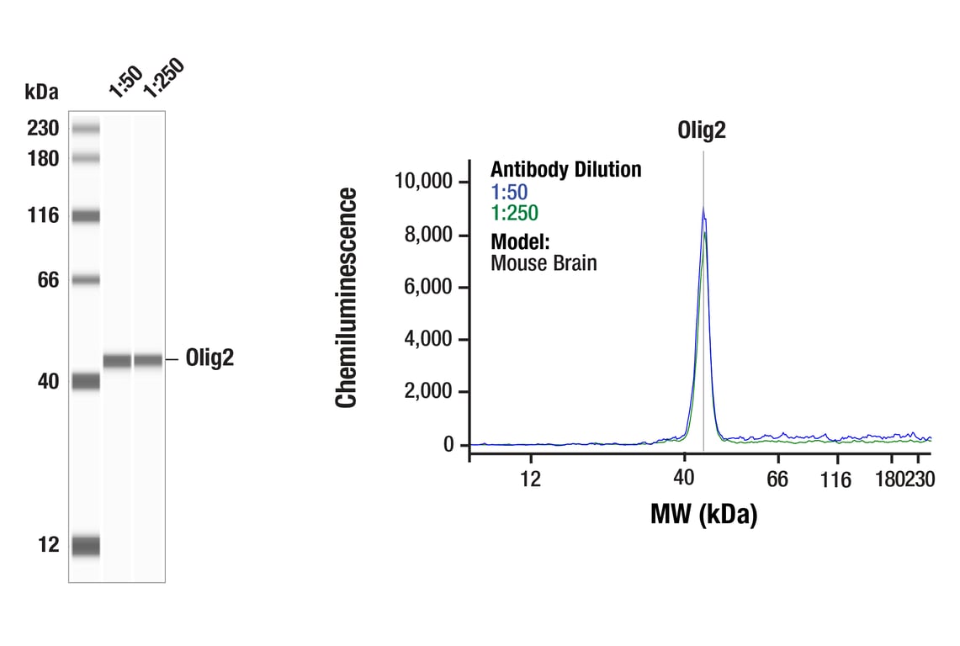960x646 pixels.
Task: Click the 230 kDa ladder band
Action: [x=85, y=129]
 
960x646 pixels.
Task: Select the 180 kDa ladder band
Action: [x=85, y=158]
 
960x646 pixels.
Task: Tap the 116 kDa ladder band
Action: [x=85, y=216]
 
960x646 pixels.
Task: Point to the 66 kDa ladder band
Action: [x=85, y=280]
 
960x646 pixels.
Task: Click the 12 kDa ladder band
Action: [x=85, y=546]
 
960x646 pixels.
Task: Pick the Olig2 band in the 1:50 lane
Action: [x=117, y=361]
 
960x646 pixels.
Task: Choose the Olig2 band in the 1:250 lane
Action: [x=148, y=361]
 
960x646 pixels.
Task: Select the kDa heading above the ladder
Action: [x=41, y=92]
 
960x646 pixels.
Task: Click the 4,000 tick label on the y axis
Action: [x=428, y=339]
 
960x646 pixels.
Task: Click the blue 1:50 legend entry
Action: [x=509, y=192]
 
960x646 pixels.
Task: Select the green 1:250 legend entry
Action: [x=514, y=214]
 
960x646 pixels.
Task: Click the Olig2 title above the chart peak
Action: [x=702, y=130]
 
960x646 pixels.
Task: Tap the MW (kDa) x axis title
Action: [x=703, y=514]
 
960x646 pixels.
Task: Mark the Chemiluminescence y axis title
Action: [x=347, y=298]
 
